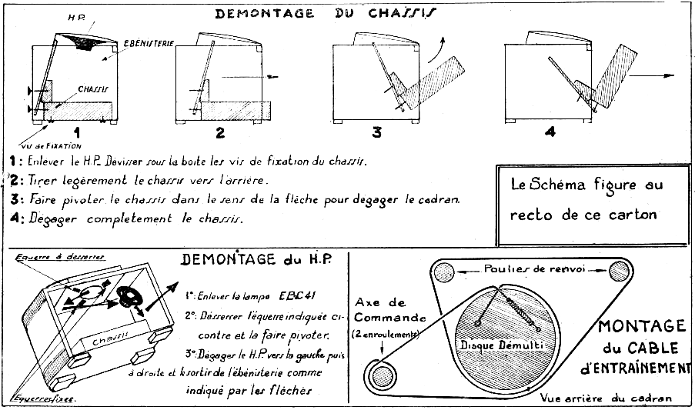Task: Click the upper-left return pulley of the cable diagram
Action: (x=443, y=272)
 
